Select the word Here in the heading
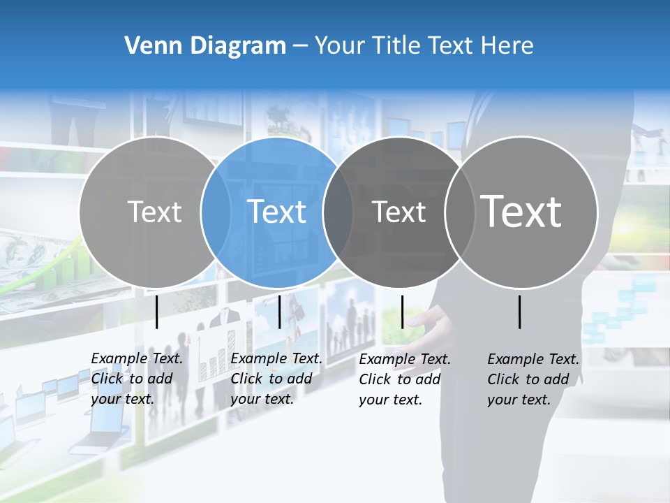508,46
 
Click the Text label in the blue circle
277,212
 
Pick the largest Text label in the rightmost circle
521,211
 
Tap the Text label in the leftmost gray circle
154,212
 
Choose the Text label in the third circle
399,212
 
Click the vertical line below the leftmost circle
156,312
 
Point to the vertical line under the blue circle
279,312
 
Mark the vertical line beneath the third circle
402,312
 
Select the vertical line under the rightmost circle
520,312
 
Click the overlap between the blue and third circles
338,212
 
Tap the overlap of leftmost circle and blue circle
216,212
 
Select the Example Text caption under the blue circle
276,379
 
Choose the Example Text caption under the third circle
404,379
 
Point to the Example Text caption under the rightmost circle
533,379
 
